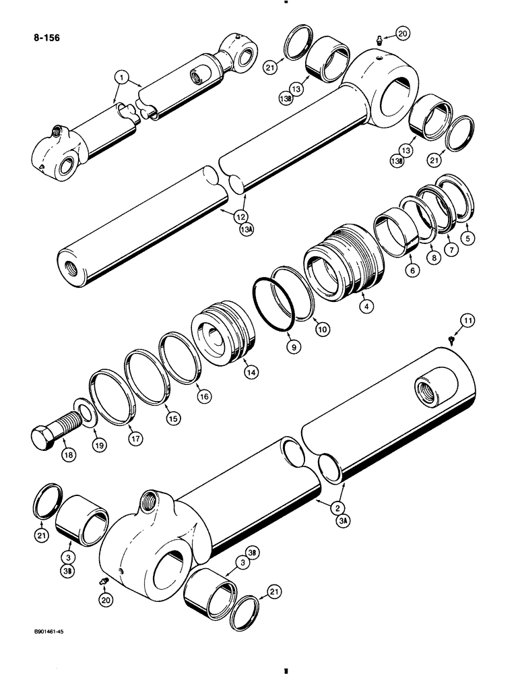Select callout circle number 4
click(x=366, y=306)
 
